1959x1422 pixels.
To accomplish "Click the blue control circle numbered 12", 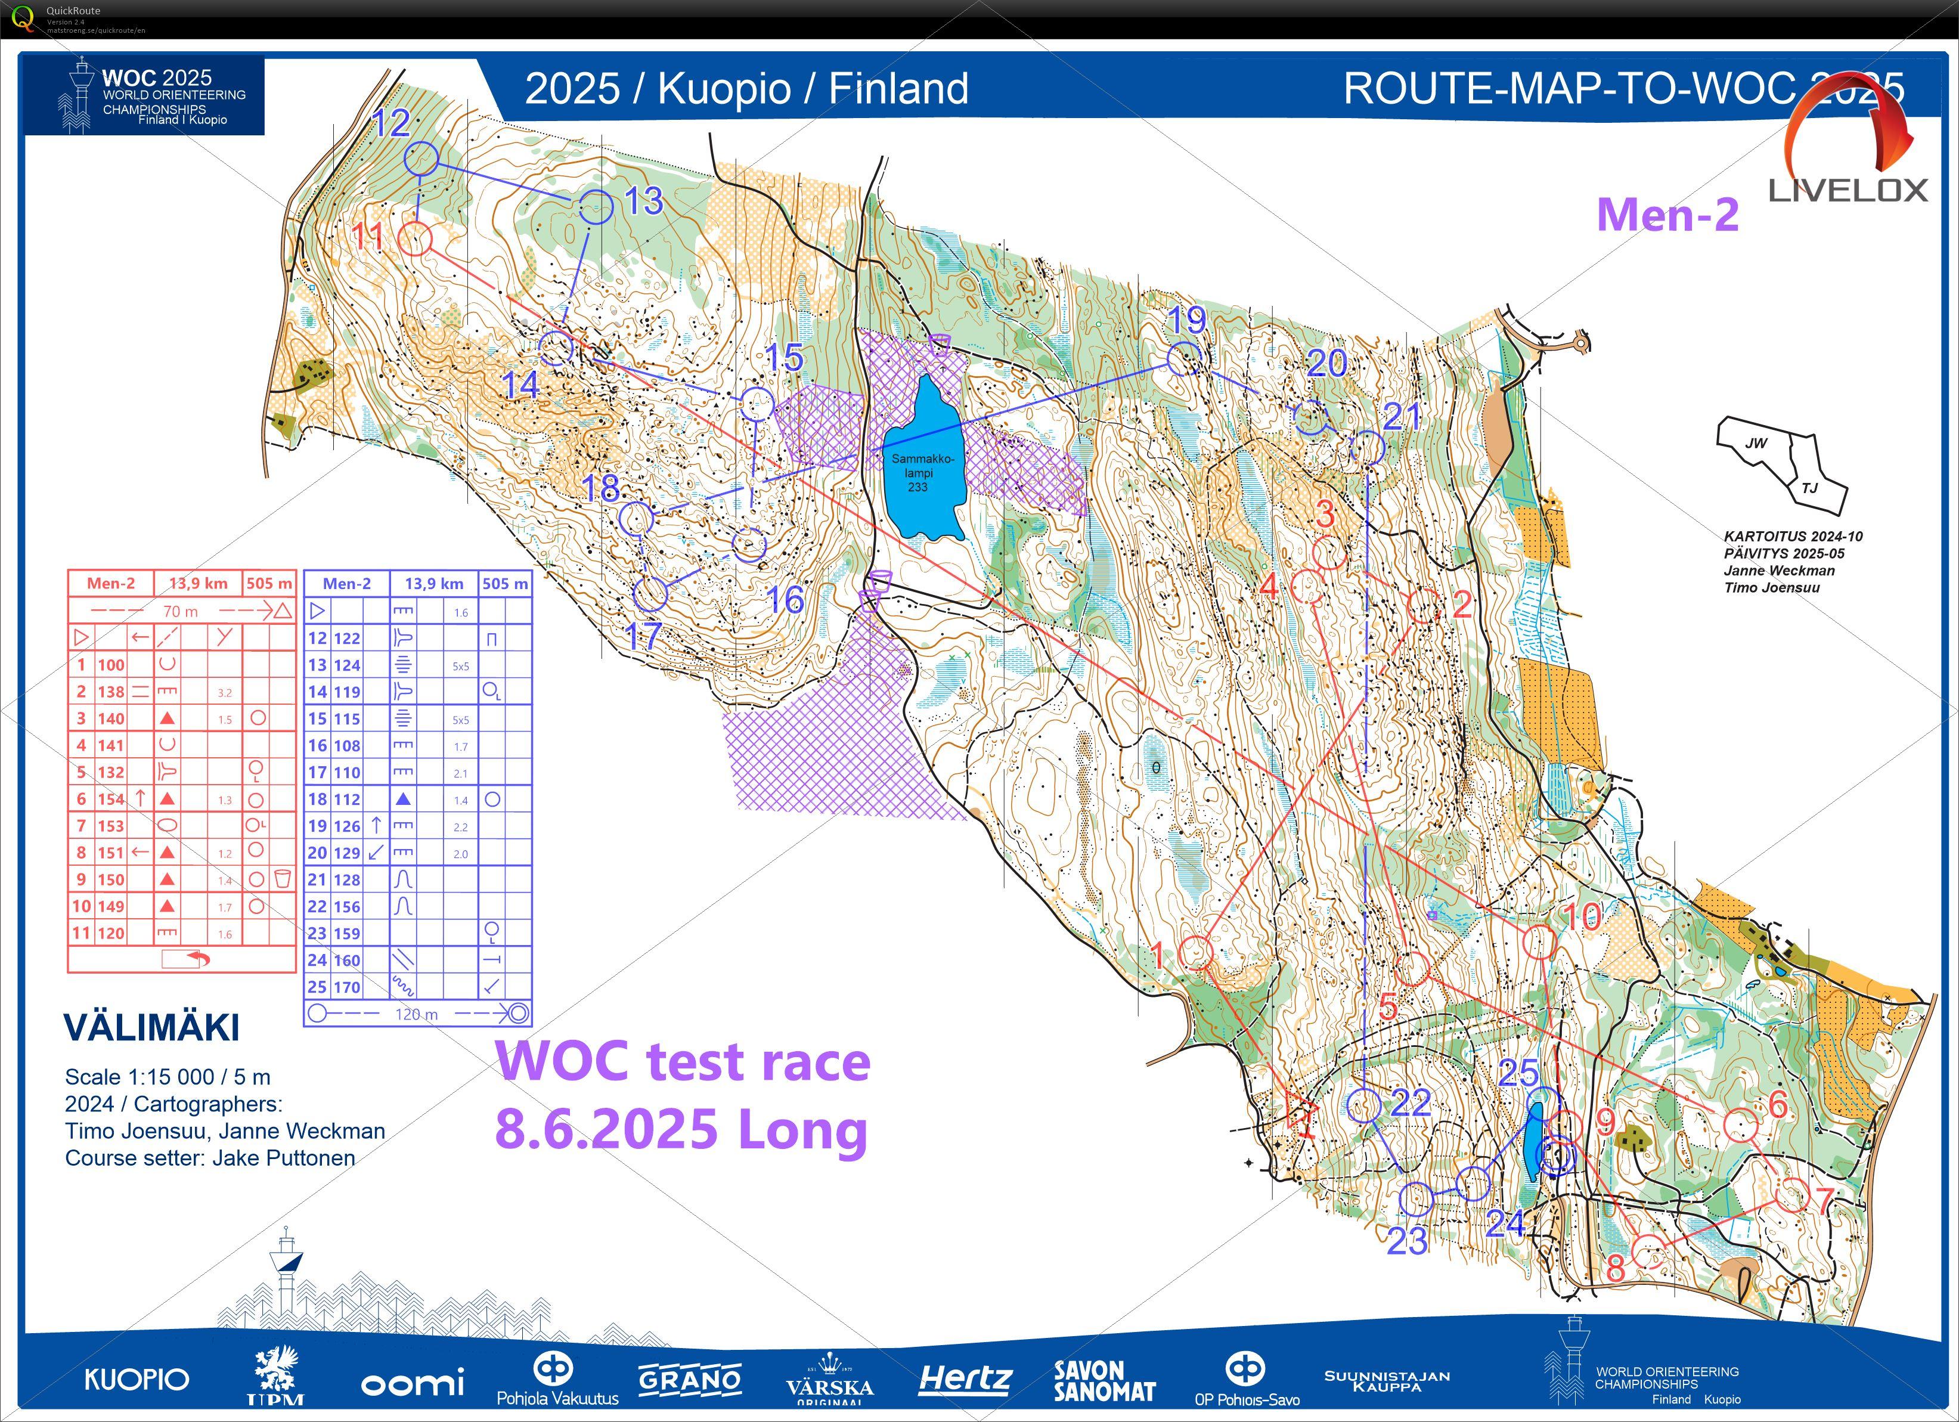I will [421, 159].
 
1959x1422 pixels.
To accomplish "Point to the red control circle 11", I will [414, 238].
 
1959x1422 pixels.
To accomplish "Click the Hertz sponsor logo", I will [964, 1379].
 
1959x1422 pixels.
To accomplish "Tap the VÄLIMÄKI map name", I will [151, 1028].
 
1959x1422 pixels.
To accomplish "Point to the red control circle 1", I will [1195, 952].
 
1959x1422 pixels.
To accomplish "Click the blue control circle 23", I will [1415, 1198].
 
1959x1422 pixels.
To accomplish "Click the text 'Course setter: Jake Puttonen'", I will [210, 1158].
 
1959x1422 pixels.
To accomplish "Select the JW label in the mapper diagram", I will [1755, 443].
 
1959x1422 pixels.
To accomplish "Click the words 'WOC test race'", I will [683, 1062].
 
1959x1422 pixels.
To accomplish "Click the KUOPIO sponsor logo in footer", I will [137, 1380].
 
